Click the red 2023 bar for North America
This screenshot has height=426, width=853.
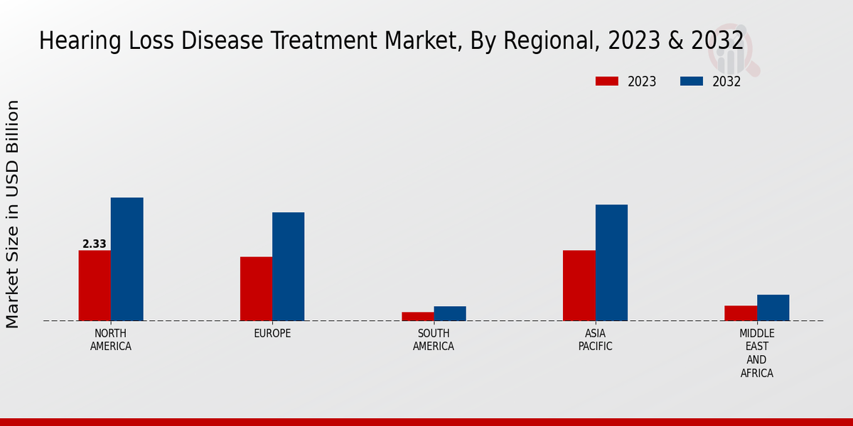pyautogui.click(x=95, y=285)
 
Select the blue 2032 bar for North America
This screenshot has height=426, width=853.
pyautogui.click(x=127, y=259)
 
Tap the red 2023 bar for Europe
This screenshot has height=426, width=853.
pyautogui.click(x=256, y=288)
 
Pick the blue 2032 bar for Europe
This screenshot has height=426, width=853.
pyautogui.click(x=288, y=266)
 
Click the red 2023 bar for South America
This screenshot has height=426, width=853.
pyautogui.click(x=417, y=316)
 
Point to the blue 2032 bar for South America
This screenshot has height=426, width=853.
pyautogui.click(x=450, y=313)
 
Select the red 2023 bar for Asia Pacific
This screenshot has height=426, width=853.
pyautogui.click(x=579, y=285)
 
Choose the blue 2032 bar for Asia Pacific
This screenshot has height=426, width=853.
pyautogui.click(x=611, y=263)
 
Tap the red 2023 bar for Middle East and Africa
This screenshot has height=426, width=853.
pyautogui.click(x=741, y=313)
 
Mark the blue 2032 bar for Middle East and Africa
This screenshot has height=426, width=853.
pyautogui.click(x=773, y=307)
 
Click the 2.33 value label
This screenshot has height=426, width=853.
pyautogui.click(x=95, y=244)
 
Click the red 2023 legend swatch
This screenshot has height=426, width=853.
pyautogui.click(x=607, y=82)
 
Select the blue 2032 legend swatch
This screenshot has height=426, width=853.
pyautogui.click(x=692, y=82)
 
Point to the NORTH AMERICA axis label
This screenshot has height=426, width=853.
pyautogui.click(x=111, y=340)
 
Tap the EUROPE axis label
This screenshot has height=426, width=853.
pyautogui.click(x=272, y=334)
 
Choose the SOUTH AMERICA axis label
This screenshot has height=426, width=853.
pyautogui.click(x=434, y=340)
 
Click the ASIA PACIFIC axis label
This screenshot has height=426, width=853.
pyautogui.click(x=595, y=340)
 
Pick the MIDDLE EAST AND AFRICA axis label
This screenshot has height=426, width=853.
pyautogui.click(x=757, y=353)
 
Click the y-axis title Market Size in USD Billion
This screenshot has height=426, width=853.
pyautogui.click(x=13, y=214)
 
